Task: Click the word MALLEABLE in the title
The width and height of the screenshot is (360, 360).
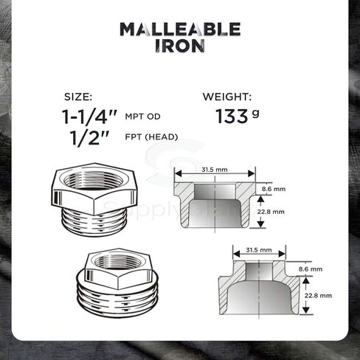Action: point(180,29)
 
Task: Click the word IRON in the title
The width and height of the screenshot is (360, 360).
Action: point(180,46)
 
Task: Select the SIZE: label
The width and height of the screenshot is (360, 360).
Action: point(78,97)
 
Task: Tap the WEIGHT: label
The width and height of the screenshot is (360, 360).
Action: point(227,97)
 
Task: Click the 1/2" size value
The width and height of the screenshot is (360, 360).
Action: point(89,137)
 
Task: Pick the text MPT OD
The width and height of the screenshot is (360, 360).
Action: point(142,117)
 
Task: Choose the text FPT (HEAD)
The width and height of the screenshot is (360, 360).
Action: point(151,136)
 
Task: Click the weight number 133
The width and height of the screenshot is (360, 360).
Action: point(232,116)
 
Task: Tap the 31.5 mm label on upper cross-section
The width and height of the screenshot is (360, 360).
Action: point(215,170)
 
